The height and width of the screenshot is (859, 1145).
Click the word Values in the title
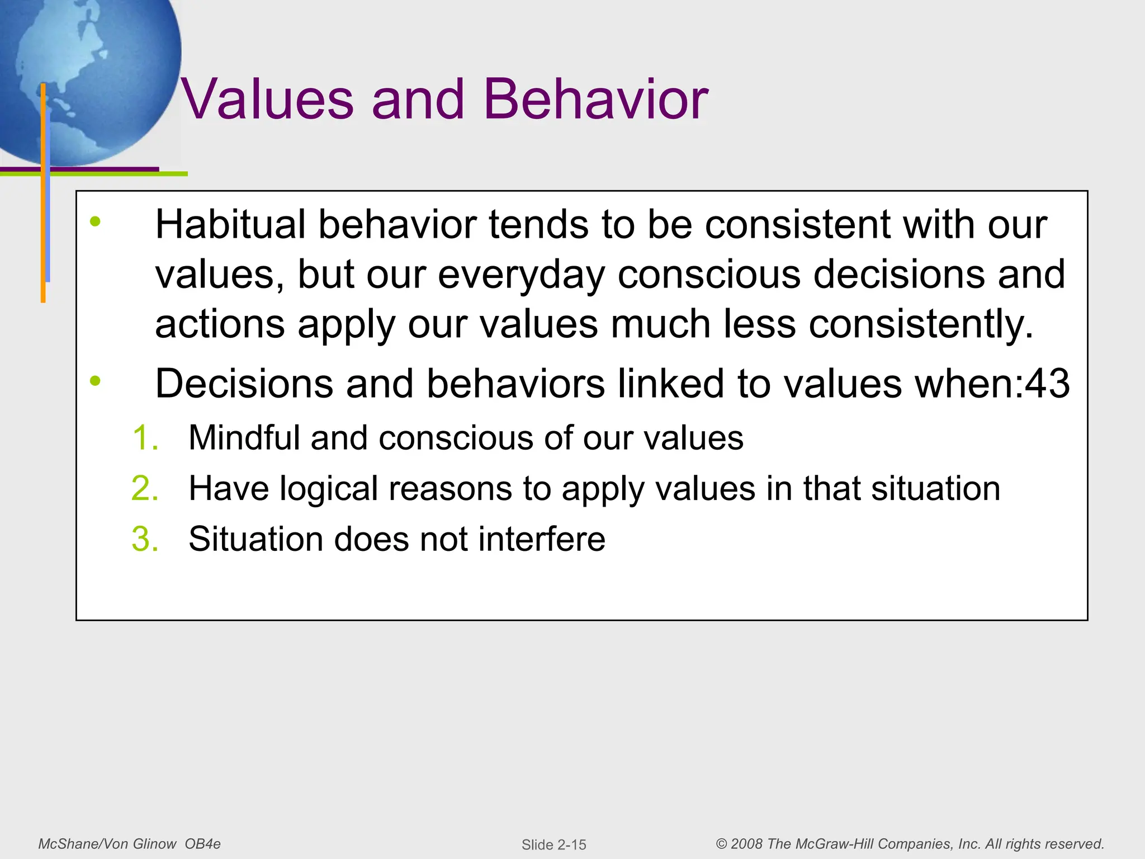coord(267,100)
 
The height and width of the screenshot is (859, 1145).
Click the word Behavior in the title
coord(595,100)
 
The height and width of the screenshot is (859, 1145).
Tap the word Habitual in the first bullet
coord(230,225)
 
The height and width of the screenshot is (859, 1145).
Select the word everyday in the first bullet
coord(521,275)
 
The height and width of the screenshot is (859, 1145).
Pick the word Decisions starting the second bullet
coord(244,384)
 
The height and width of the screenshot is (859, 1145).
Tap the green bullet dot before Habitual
coord(96,221)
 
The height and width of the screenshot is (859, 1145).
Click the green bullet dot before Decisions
coord(96,381)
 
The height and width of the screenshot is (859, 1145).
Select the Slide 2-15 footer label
coord(553,844)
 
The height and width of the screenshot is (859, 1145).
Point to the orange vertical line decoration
coord(43,224)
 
